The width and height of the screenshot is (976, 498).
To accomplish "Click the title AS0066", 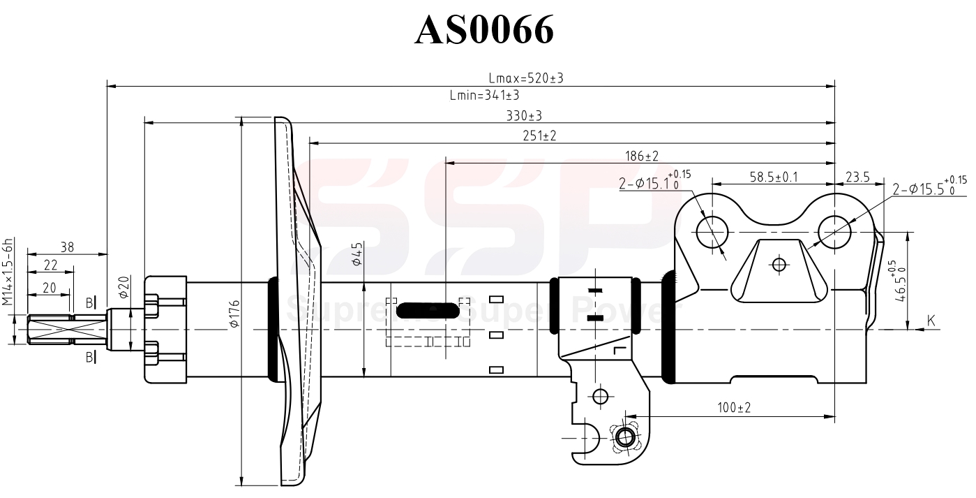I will (484, 29).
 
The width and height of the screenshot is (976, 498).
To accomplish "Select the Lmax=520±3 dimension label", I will (525, 79).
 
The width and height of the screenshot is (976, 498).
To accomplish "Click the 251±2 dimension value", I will (539, 136).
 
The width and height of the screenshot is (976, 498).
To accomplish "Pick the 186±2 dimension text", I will (642, 155).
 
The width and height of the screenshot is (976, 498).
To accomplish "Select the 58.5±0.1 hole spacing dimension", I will (774, 177).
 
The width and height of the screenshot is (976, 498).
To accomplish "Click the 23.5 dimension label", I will (857, 177).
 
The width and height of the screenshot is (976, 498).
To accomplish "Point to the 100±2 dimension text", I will (733, 407).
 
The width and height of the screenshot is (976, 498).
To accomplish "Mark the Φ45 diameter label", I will (356, 254).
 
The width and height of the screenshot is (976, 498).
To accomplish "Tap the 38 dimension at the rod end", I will (67, 247).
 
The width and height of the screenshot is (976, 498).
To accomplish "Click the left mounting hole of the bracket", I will (712, 229).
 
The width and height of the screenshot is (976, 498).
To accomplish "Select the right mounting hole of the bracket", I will (834, 229).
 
